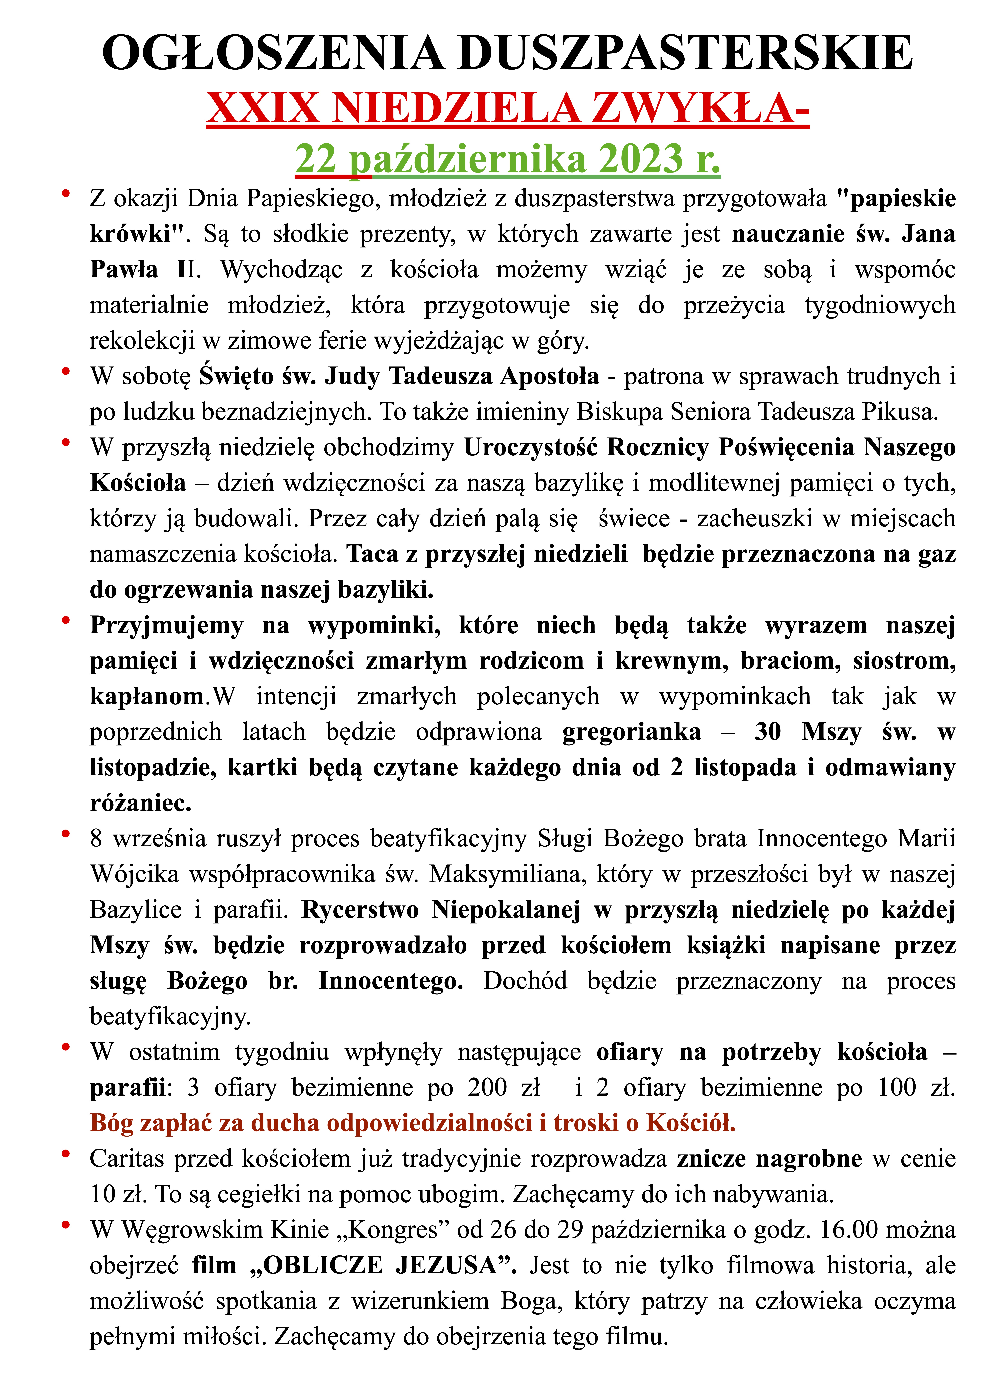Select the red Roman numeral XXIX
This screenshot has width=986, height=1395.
(262, 108)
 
